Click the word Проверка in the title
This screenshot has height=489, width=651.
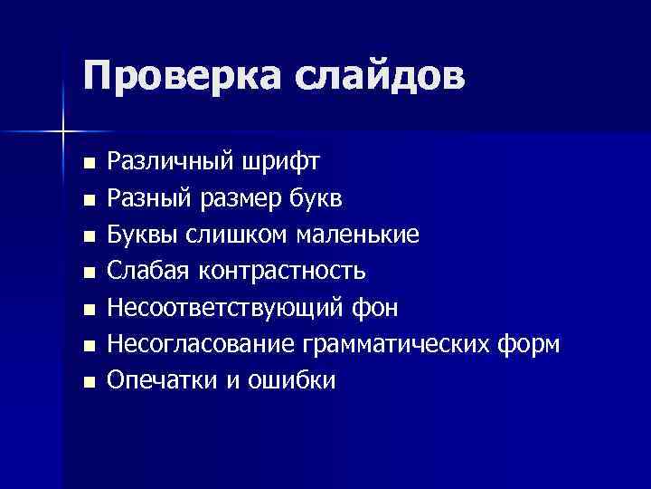click(x=179, y=76)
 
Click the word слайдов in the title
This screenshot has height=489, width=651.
click(x=379, y=76)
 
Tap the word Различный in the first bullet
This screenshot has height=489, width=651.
click(x=170, y=162)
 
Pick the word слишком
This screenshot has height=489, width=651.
click(x=240, y=235)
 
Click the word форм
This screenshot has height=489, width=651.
click(x=533, y=345)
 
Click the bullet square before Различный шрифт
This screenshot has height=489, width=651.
click(x=88, y=165)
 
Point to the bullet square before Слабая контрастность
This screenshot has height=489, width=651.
click(x=88, y=273)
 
